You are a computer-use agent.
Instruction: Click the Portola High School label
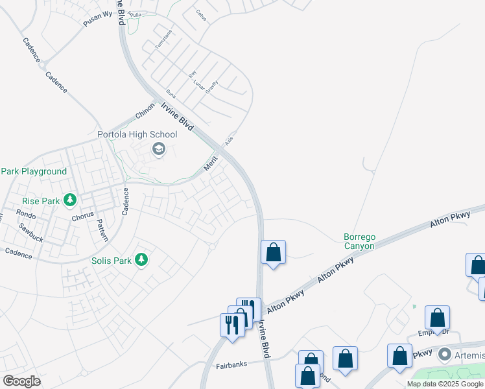pos(136,135)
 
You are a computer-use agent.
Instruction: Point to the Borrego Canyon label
pos(359,242)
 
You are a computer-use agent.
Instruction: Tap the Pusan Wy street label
pos(97,18)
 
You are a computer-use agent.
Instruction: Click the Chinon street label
pos(145,110)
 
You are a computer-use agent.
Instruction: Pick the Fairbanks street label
pos(231,365)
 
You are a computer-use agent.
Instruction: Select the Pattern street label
pos(102,230)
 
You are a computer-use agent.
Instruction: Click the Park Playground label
pos(34,171)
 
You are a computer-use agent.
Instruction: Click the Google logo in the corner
pos(21,381)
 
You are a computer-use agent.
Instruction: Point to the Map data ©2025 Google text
pos(445,384)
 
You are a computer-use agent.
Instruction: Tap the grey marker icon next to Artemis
pos(444,355)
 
